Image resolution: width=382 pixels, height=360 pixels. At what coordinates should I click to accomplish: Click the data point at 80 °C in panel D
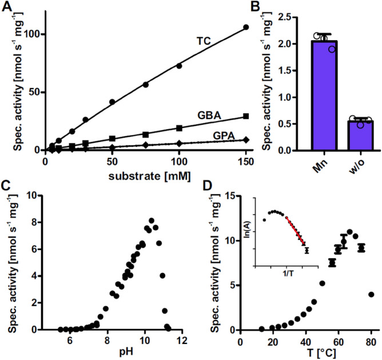(x=371, y=294)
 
